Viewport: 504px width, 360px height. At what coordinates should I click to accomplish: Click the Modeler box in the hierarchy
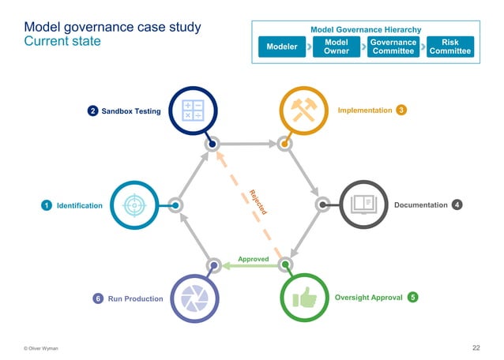point(282,47)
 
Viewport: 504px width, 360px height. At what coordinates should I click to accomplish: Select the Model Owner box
point(337,47)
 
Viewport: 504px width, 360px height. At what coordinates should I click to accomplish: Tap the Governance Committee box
point(393,47)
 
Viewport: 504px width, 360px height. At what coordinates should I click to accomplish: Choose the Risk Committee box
point(449,47)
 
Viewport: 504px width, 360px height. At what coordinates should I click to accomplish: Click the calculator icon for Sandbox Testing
point(193,111)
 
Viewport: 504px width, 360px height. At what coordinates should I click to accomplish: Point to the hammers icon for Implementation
point(305,111)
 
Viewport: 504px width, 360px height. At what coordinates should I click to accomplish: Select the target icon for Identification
point(136,205)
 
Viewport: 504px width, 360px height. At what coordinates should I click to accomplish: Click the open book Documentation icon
point(363,205)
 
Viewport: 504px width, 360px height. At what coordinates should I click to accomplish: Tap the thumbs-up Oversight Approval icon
point(305,298)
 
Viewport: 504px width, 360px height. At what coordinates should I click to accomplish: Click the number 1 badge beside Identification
point(47,206)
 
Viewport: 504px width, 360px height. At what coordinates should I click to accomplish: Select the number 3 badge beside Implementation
point(402,110)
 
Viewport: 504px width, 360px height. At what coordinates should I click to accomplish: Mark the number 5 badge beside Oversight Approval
point(413,298)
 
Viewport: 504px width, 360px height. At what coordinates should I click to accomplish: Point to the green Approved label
point(254,259)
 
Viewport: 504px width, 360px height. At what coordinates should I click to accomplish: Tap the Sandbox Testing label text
point(131,111)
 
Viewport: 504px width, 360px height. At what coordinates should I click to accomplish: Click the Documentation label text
point(420,205)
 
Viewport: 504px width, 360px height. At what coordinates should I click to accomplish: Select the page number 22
point(476,347)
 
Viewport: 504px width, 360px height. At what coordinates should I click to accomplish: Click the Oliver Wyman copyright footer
point(40,348)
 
